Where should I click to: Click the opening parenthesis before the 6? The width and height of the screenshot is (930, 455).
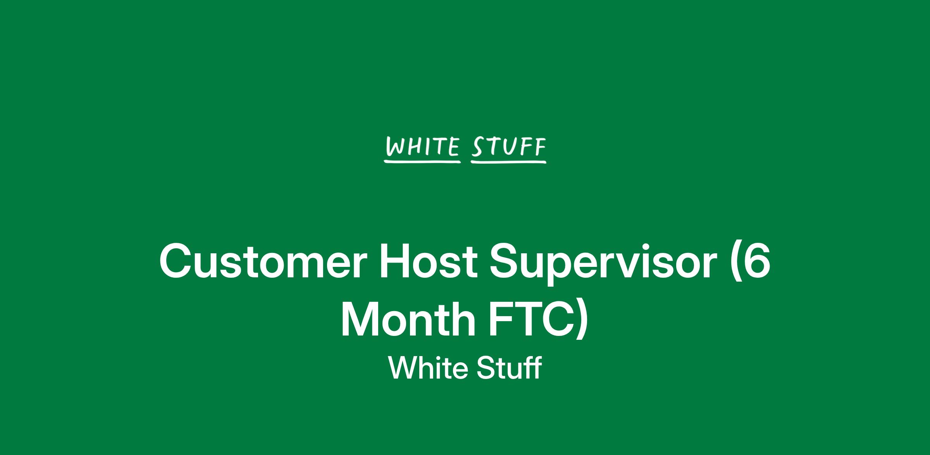(x=733, y=264)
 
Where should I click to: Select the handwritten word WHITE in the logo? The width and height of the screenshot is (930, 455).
(x=422, y=147)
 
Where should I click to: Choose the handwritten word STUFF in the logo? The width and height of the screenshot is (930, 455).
(x=509, y=147)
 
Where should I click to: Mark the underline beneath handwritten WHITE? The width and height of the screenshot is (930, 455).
(x=422, y=161)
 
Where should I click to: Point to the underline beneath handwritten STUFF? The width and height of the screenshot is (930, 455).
(x=508, y=162)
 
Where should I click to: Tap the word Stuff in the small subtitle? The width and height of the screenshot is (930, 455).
(x=509, y=367)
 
